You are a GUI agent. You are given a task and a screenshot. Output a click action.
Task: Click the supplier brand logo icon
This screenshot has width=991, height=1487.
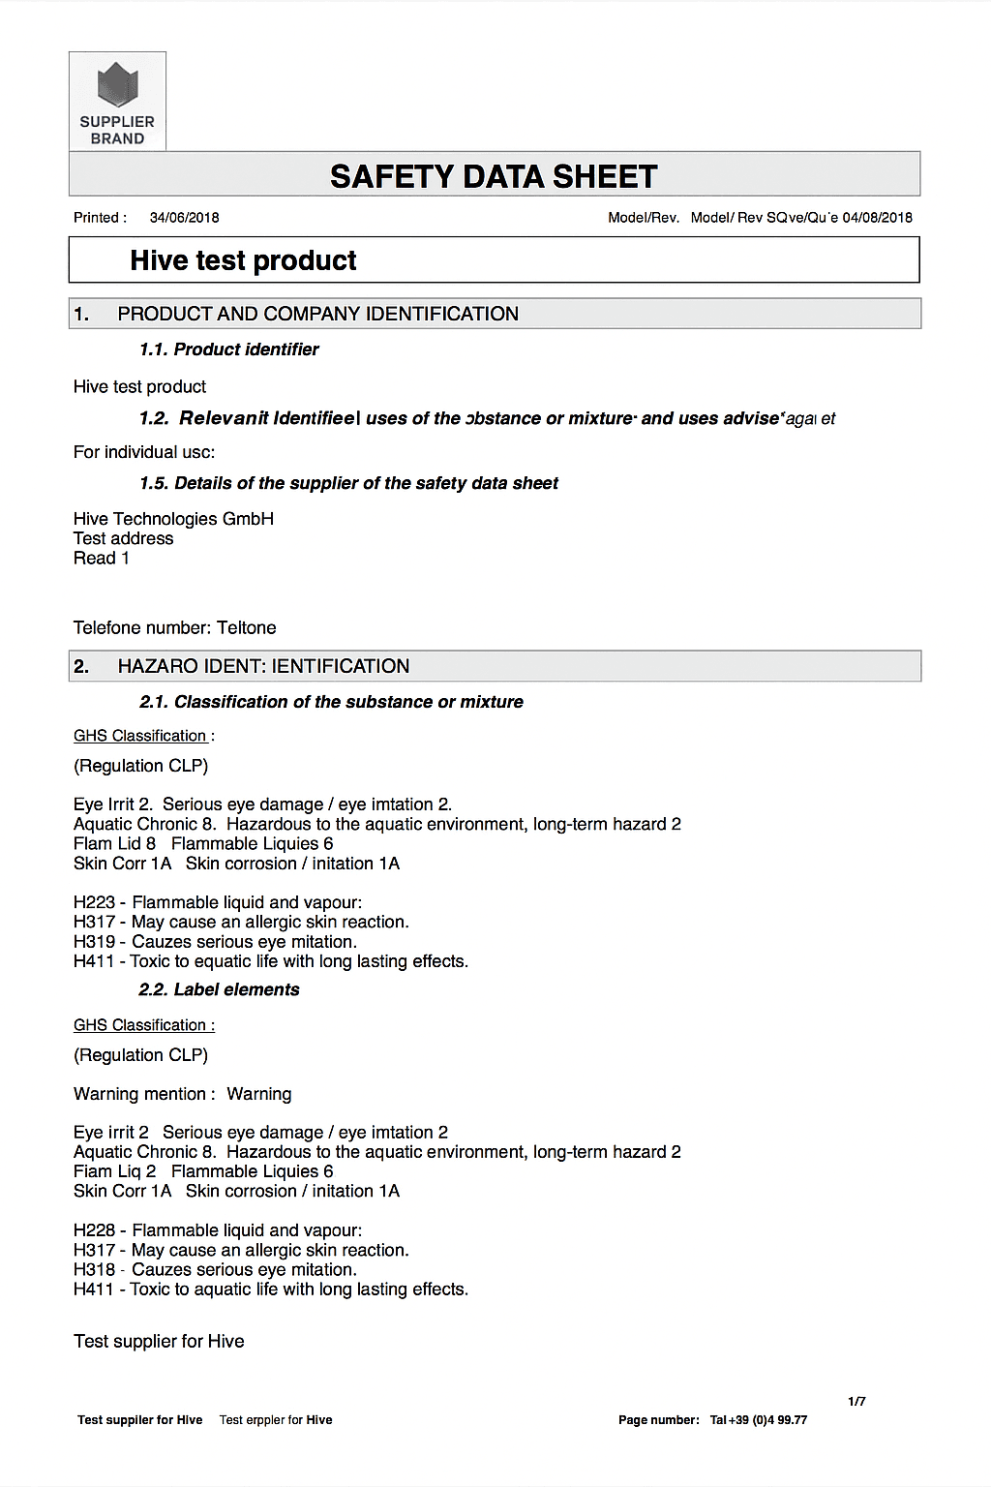tap(117, 84)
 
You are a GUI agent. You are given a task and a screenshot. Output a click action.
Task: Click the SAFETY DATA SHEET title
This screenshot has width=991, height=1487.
tap(494, 177)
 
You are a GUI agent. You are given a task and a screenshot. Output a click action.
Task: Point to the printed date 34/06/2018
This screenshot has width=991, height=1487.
tap(184, 218)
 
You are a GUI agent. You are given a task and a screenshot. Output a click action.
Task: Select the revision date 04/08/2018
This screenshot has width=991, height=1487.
tap(877, 218)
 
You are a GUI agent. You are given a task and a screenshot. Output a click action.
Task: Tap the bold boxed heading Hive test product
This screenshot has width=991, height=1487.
tap(243, 260)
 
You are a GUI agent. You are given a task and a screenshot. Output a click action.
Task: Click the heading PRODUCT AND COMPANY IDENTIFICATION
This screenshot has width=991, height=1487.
tap(317, 314)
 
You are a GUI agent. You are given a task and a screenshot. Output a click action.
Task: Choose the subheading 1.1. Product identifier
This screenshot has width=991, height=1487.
tap(228, 349)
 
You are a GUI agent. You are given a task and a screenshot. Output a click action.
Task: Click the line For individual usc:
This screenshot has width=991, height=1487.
tap(144, 452)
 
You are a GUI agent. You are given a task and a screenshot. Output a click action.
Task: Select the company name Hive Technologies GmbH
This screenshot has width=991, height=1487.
tap(173, 519)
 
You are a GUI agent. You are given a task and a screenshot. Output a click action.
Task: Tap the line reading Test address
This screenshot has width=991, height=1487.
tap(123, 538)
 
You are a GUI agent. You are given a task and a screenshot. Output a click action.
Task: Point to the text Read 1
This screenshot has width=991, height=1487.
tap(101, 558)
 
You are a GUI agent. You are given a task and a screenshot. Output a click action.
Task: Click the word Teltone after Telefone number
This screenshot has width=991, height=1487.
tap(247, 627)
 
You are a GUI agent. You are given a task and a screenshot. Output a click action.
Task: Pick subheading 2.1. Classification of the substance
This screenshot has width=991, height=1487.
tap(331, 702)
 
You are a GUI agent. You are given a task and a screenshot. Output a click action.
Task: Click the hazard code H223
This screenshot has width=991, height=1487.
tap(94, 902)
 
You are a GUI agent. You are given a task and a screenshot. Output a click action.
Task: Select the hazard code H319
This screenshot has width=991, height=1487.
tap(94, 942)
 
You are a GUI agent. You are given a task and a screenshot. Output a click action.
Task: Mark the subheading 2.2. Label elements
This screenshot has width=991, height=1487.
tap(219, 989)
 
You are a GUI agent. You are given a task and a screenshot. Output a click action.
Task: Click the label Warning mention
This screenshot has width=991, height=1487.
tap(139, 1094)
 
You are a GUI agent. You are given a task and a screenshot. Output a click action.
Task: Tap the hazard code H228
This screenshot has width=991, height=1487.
tap(94, 1230)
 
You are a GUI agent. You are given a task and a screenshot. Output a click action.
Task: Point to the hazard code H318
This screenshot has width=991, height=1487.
tap(94, 1270)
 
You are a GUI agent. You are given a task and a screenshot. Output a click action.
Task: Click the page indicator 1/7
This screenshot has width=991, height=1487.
tap(856, 1401)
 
